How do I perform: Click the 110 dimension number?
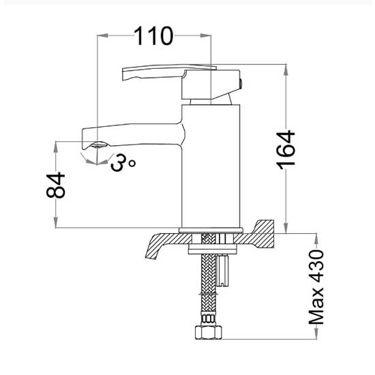pos(153,36)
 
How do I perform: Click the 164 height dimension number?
pos(286,150)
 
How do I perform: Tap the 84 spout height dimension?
pos(56,185)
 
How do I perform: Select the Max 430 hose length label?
pos(316,287)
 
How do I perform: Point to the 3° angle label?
pos(123,162)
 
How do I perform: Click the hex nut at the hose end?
pos(209,331)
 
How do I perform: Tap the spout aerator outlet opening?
pos(100,145)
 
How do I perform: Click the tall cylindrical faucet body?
pos(211,166)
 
